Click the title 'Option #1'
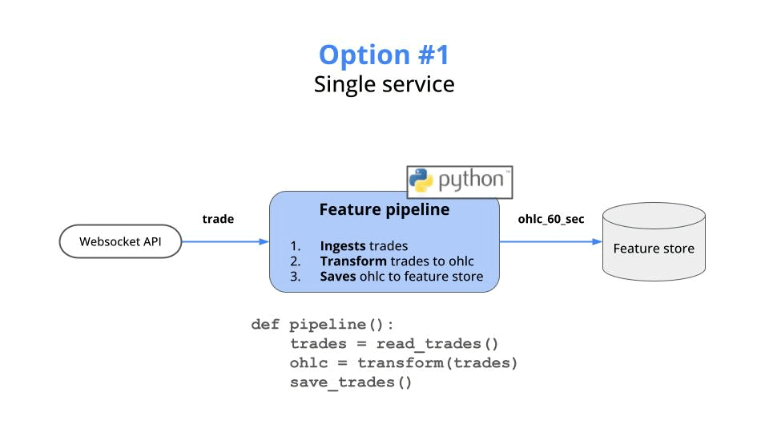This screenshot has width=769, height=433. click(x=384, y=55)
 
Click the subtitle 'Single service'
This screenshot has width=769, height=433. click(x=384, y=84)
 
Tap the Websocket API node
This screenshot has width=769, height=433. click(x=120, y=241)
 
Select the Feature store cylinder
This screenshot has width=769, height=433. click(x=654, y=242)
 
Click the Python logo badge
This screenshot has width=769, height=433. click(x=460, y=180)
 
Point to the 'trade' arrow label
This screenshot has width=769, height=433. click(x=218, y=219)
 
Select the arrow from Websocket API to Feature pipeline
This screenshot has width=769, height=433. click(x=225, y=241)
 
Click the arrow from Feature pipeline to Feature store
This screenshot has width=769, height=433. click(x=551, y=241)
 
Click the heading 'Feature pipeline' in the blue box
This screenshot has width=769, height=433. click(x=384, y=210)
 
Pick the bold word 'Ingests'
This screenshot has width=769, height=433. click(x=343, y=246)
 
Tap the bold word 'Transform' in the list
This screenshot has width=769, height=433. click(x=353, y=261)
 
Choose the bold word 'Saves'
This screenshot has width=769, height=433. click(x=338, y=277)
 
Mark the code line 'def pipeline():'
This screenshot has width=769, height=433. click(x=322, y=325)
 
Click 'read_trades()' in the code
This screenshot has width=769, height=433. click(x=437, y=344)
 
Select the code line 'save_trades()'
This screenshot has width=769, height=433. click(x=351, y=382)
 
